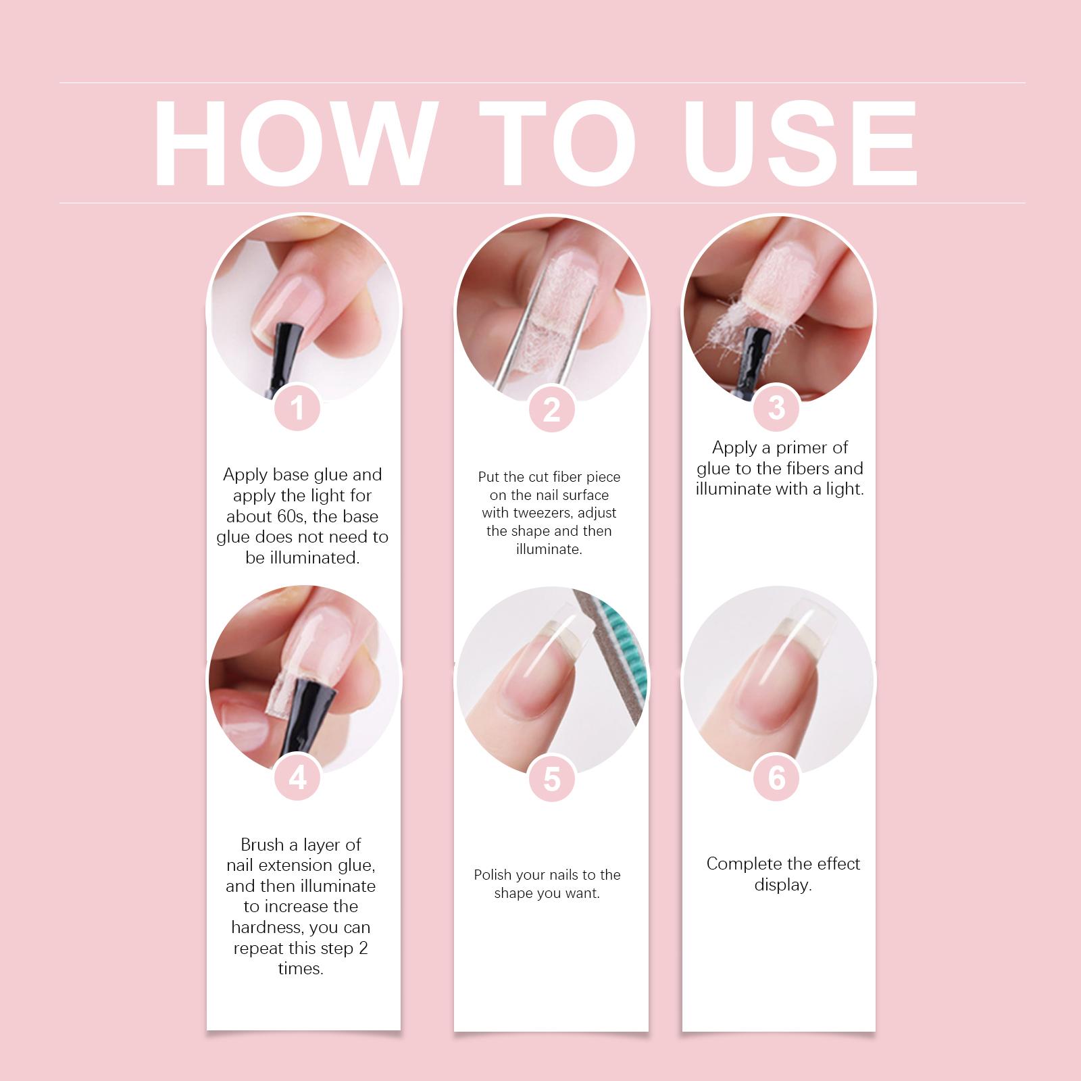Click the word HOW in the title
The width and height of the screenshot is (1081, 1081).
pyautogui.click(x=292, y=143)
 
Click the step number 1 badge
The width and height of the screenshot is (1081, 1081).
pyautogui.click(x=298, y=409)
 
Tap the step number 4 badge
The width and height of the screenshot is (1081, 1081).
pyautogui.click(x=298, y=778)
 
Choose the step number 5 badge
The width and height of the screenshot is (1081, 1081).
pyautogui.click(x=552, y=779)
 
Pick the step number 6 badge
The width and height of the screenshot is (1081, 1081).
pyautogui.click(x=777, y=778)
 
